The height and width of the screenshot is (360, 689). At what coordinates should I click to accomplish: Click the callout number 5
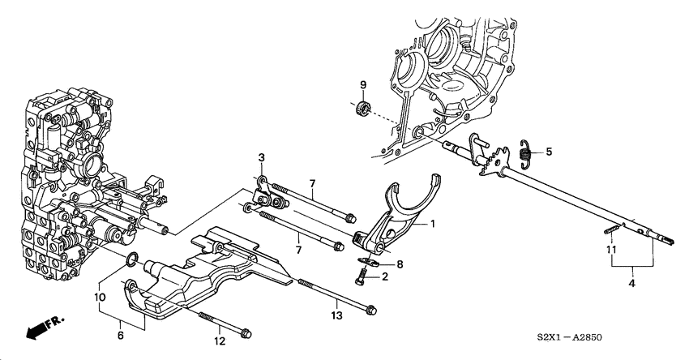tap(549, 151)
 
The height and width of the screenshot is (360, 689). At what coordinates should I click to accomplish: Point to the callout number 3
tap(262, 157)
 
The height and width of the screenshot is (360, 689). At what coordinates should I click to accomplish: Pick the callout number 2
tap(385, 277)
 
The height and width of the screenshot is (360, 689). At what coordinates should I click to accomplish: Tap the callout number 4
tap(631, 284)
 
